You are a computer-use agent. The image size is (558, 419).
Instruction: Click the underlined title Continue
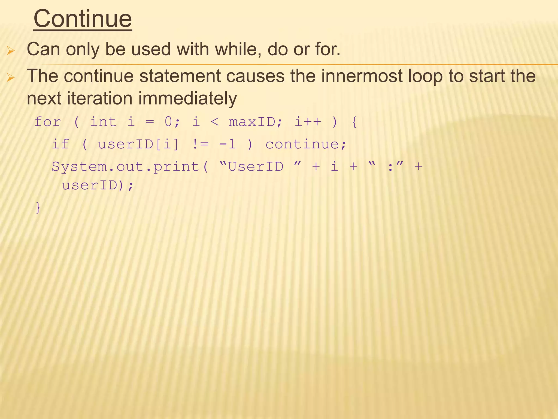pos(83,19)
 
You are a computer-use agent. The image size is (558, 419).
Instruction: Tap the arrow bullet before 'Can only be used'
pos(11,51)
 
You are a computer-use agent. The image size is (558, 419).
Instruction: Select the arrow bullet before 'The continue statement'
pos(11,78)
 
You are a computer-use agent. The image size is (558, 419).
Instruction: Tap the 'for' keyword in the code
pos(48,122)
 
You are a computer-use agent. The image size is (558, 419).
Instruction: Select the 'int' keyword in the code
pos(103,122)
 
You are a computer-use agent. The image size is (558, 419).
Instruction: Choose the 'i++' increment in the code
pos(308,122)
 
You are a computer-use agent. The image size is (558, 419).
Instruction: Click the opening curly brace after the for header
pos(354,122)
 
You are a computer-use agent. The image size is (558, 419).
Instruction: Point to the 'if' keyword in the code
pos(60,144)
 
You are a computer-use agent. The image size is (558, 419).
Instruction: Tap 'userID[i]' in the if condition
pos(138,144)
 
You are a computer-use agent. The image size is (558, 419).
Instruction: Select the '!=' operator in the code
pos(200,144)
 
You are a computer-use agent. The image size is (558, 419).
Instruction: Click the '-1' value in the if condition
pos(228,144)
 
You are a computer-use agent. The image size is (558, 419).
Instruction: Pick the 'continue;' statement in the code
pos(306,144)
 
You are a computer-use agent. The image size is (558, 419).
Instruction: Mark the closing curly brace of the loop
pos(38,208)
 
